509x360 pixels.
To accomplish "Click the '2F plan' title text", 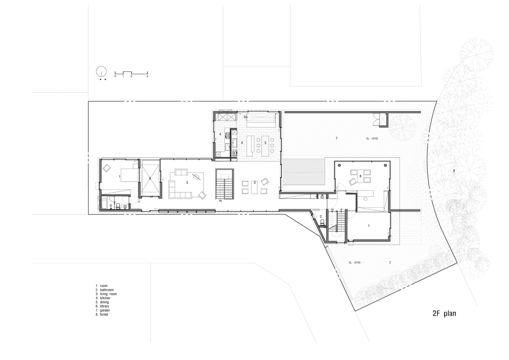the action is click(444, 314).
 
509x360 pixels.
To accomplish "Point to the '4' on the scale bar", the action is click(147, 76).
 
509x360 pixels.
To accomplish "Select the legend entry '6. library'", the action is click(102, 306).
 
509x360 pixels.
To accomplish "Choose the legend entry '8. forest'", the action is click(102, 315).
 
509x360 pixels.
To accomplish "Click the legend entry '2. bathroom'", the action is click(105, 290).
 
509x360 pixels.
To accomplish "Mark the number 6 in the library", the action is click(360, 176).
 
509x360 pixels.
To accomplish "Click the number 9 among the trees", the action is click(454, 171).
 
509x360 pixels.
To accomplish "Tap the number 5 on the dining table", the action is click(265, 143).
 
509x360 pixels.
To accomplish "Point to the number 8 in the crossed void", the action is click(150, 179).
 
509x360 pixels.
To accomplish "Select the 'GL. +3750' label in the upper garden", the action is click(372, 139).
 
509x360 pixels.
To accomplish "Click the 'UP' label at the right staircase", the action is click(341, 210).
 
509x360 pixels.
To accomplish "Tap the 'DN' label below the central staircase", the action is click(221, 201).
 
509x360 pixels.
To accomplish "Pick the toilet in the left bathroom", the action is click(118, 206).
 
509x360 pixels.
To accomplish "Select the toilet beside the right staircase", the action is click(322, 221).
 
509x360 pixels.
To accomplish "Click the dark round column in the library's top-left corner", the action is click(339, 165).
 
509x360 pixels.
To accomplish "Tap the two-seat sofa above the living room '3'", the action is click(181, 172).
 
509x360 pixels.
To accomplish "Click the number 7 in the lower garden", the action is click(390, 263).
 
